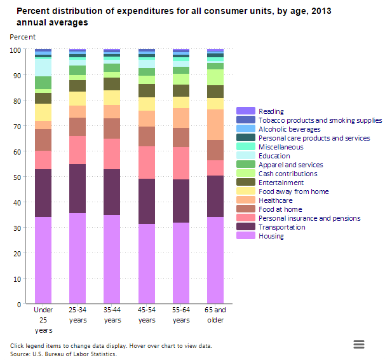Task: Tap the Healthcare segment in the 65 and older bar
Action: click(x=215, y=125)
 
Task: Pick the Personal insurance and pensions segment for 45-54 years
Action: click(x=147, y=162)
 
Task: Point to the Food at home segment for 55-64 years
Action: click(x=181, y=137)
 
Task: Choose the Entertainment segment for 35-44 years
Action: click(x=112, y=84)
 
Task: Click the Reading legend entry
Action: click(x=271, y=111)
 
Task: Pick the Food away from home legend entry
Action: click(x=294, y=191)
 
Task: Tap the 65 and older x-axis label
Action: click(x=215, y=315)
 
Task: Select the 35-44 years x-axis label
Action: click(x=112, y=315)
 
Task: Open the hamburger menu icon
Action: click(x=359, y=344)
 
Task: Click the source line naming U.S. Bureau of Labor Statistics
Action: click(x=64, y=354)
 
